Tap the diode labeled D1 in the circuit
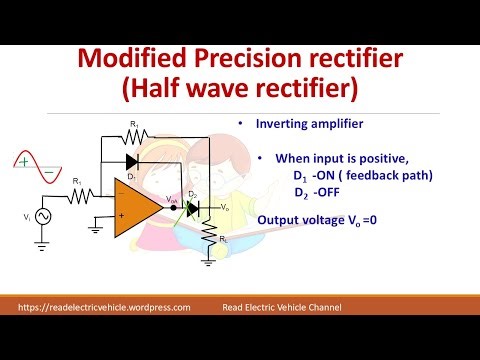pos(130,160)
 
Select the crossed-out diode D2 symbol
pos(193,208)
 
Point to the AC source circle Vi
pos(43,216)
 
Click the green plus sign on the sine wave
pos(22,158)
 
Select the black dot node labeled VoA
pos(175,208)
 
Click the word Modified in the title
pos(139,62)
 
